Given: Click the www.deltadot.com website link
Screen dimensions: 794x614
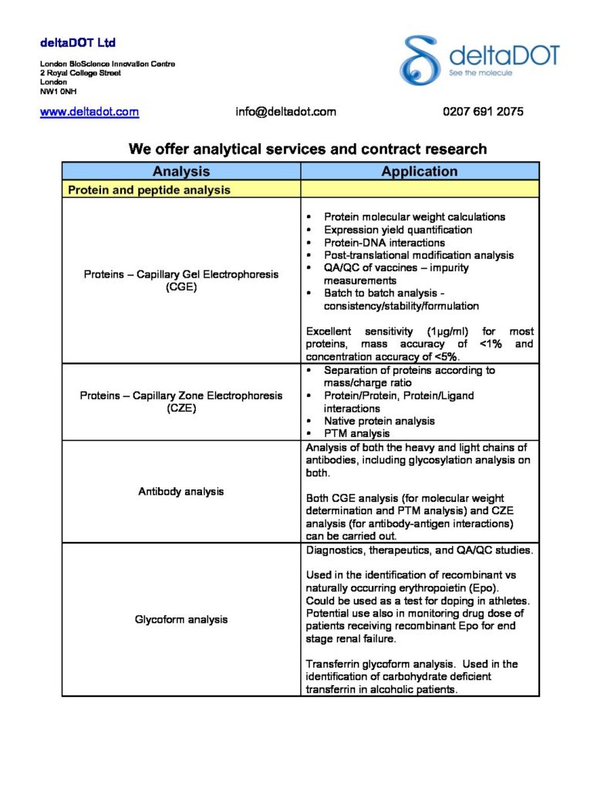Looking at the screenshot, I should click(89, 112).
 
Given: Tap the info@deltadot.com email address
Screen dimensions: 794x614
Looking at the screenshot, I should click(285, 112).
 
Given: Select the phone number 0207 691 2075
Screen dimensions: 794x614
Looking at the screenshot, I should click(483, 112).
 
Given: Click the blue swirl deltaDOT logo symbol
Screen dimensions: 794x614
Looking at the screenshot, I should click(420, 59).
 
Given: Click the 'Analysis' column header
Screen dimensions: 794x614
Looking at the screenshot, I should click(181, 172).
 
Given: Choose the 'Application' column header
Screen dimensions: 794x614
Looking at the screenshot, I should click(420, 172).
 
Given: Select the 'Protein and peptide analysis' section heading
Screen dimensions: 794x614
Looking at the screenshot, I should click(149, 190).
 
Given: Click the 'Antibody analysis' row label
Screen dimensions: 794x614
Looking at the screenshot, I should click(182, 492).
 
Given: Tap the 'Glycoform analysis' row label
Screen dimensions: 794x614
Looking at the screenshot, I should click(182, 620).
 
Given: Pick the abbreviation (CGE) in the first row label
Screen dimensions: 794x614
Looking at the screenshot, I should click(182, 287).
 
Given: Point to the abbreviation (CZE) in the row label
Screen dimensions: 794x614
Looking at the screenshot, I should click(182, 409).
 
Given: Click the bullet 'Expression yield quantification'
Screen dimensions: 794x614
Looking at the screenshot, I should click(398, 230).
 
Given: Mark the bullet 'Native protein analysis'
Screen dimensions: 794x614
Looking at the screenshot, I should click(380, 421).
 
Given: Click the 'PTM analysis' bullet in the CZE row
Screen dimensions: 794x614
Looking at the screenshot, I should click(356, 433).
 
